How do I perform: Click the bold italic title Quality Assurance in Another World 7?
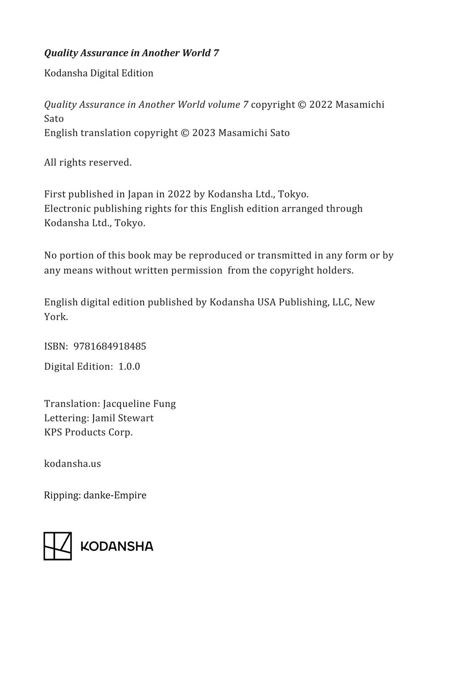coord(131,53)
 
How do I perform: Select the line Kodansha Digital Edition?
coord(98,73)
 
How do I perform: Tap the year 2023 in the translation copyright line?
coord(204,133)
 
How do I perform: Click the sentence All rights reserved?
coord(88,162)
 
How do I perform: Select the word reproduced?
coord(215,256)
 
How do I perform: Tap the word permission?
coord(197,270)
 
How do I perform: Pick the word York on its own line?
coord(55,317)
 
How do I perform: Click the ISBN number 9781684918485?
coord(109,347)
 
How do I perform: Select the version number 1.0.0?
coord(129,366)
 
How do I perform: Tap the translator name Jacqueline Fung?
coord(139,404)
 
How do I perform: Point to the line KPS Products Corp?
coord(88,432)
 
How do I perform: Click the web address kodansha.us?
coord(72,464)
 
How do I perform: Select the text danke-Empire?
coord(115,495)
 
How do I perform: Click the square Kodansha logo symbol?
coord(57,546)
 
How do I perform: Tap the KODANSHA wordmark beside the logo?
coord(117,546)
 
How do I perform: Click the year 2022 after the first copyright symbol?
coord(321,105)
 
